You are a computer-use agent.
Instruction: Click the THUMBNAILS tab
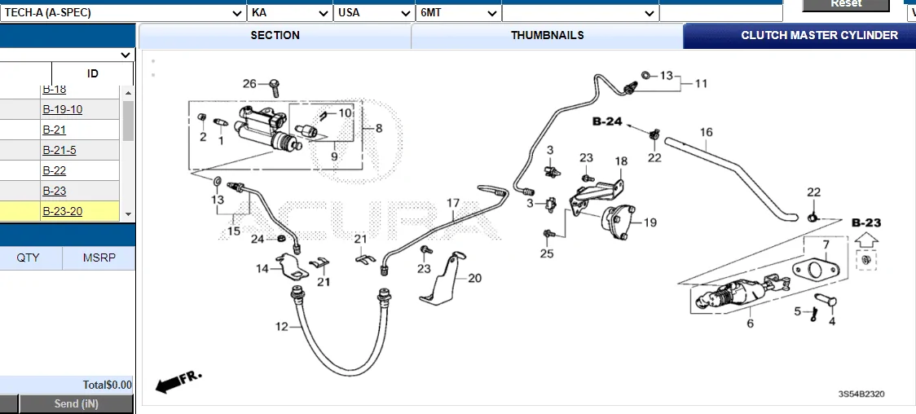[547, 36]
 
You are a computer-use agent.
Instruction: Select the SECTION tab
[275, 36]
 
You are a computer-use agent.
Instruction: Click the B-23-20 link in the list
[63, 212]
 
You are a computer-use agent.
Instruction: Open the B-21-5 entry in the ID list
[59, 151]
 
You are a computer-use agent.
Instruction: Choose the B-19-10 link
[63, 110]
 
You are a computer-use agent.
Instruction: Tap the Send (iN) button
[77, 404]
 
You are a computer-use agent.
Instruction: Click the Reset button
[845, 4]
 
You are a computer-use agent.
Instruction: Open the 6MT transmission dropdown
[459, 13]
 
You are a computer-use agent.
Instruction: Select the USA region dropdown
[374, 13]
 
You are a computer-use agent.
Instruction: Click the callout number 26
[249, 83]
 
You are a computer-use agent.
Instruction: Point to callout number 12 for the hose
[282, 327]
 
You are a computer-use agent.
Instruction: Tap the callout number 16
[706, 132]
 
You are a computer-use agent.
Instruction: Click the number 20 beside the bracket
[474, 278]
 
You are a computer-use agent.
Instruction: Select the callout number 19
[650, 222]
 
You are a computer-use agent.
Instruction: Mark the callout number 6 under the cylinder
[750, 324]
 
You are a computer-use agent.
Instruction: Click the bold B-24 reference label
[607, 122]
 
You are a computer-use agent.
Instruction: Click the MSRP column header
[99, 258]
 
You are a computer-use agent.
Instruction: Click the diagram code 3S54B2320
[861, 394]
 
